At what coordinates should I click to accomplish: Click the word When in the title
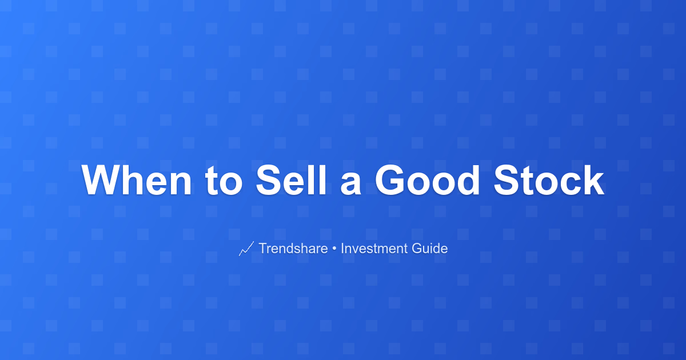[137, 180]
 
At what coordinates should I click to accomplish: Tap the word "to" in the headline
[224, 181]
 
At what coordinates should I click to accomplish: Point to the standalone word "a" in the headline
[350, 183]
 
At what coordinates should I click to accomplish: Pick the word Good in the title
[427, 180]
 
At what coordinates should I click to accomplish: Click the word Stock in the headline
[549, 180]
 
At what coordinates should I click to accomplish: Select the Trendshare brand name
[293, 248]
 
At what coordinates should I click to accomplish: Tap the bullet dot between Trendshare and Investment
[334, 249]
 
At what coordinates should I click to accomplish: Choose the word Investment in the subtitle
[374, 248]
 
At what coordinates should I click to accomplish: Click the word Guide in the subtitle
[430, 248]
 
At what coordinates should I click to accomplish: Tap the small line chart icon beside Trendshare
[246, 249]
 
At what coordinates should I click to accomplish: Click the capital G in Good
[389, 180]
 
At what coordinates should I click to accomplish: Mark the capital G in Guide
[417, 248]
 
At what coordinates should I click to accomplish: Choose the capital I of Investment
[342, 248]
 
